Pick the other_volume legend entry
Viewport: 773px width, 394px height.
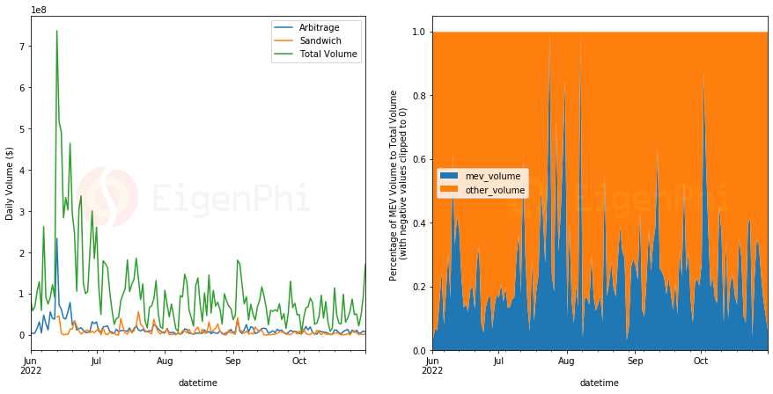(x=494, y=190)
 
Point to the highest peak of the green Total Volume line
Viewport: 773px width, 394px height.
(x=56, y=31)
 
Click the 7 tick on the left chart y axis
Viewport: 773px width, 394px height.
(x=22, y=46)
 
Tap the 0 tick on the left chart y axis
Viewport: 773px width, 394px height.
(x=22, y=335)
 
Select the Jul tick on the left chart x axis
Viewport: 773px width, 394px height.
(x=97, y=360)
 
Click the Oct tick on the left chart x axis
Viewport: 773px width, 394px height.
(x=299, y=360)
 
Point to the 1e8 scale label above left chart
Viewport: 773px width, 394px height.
(x=39, y=10)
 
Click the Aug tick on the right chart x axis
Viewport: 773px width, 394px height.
(x=566, y=361)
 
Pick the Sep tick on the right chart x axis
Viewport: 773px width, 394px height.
(x=635, y=361)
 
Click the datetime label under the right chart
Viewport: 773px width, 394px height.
(x=599, y=383)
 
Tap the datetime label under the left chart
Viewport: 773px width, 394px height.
(x=197, y=383)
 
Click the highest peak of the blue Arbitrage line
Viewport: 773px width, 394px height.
(x=56, y=238)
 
